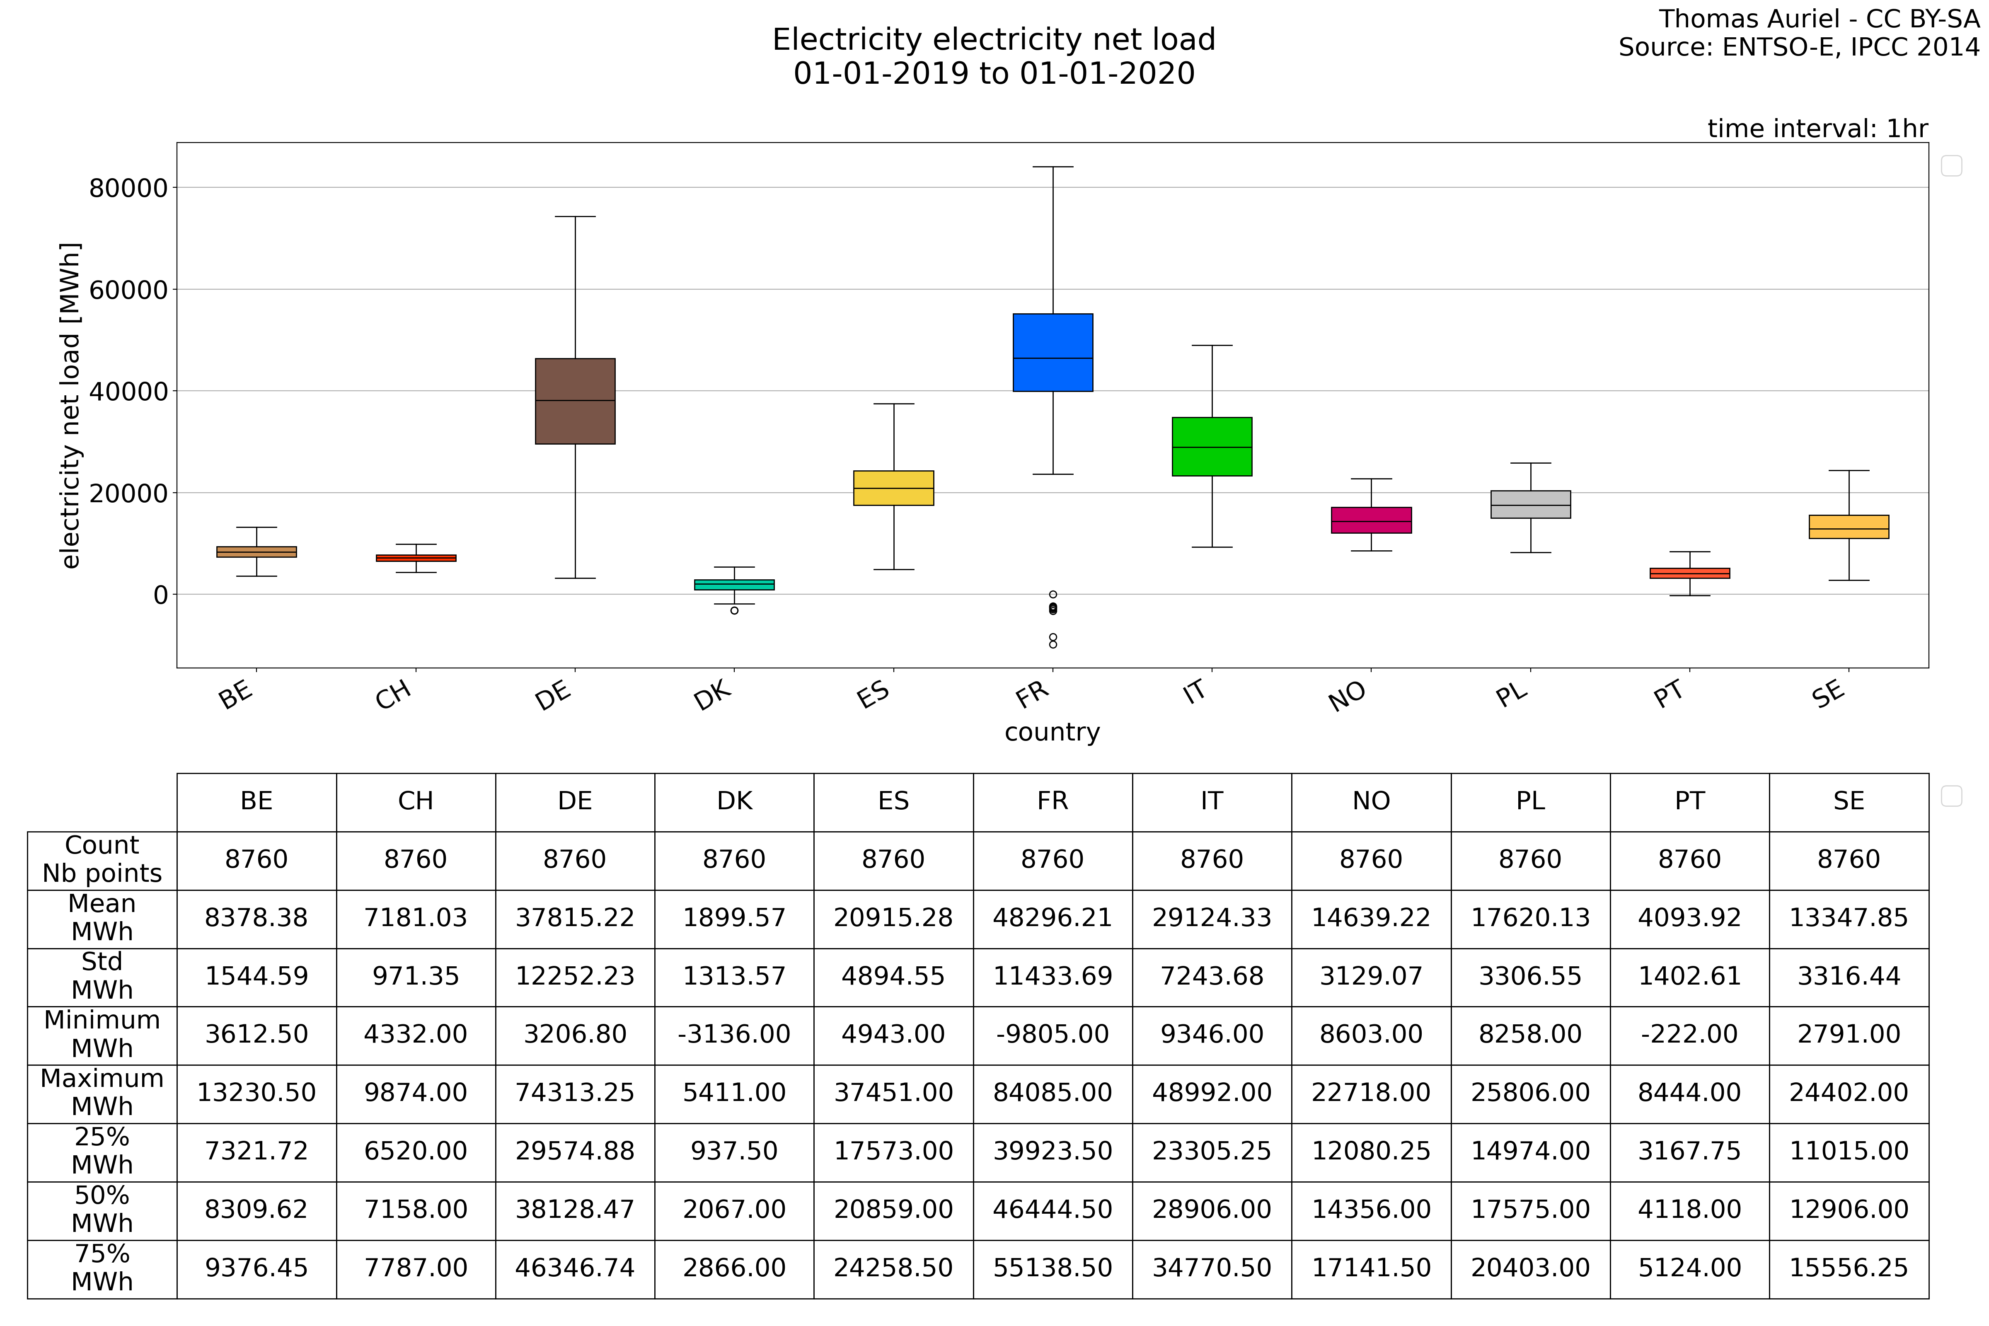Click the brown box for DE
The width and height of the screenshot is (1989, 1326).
pyautogui.click(x=575, y=401)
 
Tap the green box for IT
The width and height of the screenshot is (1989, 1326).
pyautogui.click(x=1212, y=447)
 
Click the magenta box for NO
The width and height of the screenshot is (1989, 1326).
pyautogui.click(x=1371, y=520)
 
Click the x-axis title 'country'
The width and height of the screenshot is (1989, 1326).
pyautogui.click(x=1052, y=732)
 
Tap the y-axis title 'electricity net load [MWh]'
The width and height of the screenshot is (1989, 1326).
pyautogui.click(x=70, y=406)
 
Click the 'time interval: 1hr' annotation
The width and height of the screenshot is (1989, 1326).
pyautogui.click(x=1817, y=128)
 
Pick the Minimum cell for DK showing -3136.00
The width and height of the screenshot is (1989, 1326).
pyautogui.click(x=734, y=1034)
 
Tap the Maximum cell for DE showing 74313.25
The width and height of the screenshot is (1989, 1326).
pyautogui.click(x=575, y=1093)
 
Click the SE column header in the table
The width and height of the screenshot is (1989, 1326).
pyautogui.click(x=1849, y=801)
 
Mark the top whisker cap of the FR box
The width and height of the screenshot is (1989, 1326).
pyautogui.click(x=1053, y=167)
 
